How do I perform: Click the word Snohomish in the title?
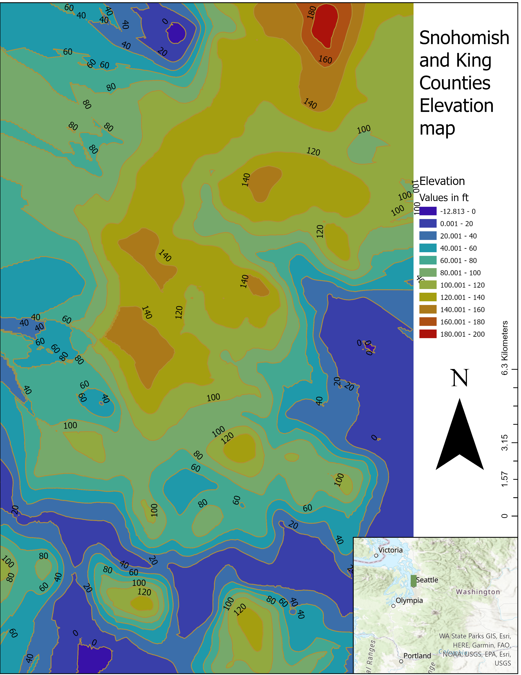pyautogui.click(x=464, y=38)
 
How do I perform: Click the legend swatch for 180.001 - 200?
pyautogui.click(x=428, y=334)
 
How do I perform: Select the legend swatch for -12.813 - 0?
pyautogui.click(x=428, y=211)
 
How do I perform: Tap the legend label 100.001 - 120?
pyautogui.click(x=462, y=285)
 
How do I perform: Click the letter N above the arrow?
pyautogui.click(x=460, y=378)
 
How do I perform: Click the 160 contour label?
pyautogui.click(x=325, y=59)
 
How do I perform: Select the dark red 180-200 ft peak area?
pyautogui.click(x=325, y=25)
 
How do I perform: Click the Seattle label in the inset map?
pyautogui.click(x=427, y=580)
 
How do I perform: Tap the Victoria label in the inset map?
pyautogui.click(x=390, y=550)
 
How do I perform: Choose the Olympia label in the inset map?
pyautogui.click(x=409, y=601)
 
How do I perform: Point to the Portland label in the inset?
pyautogui.click(x=417, y=656)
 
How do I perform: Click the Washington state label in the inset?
pyautogui.click(x=478, y=592)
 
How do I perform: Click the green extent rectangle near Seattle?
pyautogui.click(x=414, y=580)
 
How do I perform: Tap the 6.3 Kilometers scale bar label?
pyautogui.click(x=504, y=348)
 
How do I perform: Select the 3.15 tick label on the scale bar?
pyautogui.click(x=504, y=443)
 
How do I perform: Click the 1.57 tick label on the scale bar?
pyautogui.click(x=504, y=479)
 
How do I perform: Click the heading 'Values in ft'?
pyautogui.click(x=444, y=198)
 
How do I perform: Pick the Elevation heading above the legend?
pyautogui.click(x=442, y=181)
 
